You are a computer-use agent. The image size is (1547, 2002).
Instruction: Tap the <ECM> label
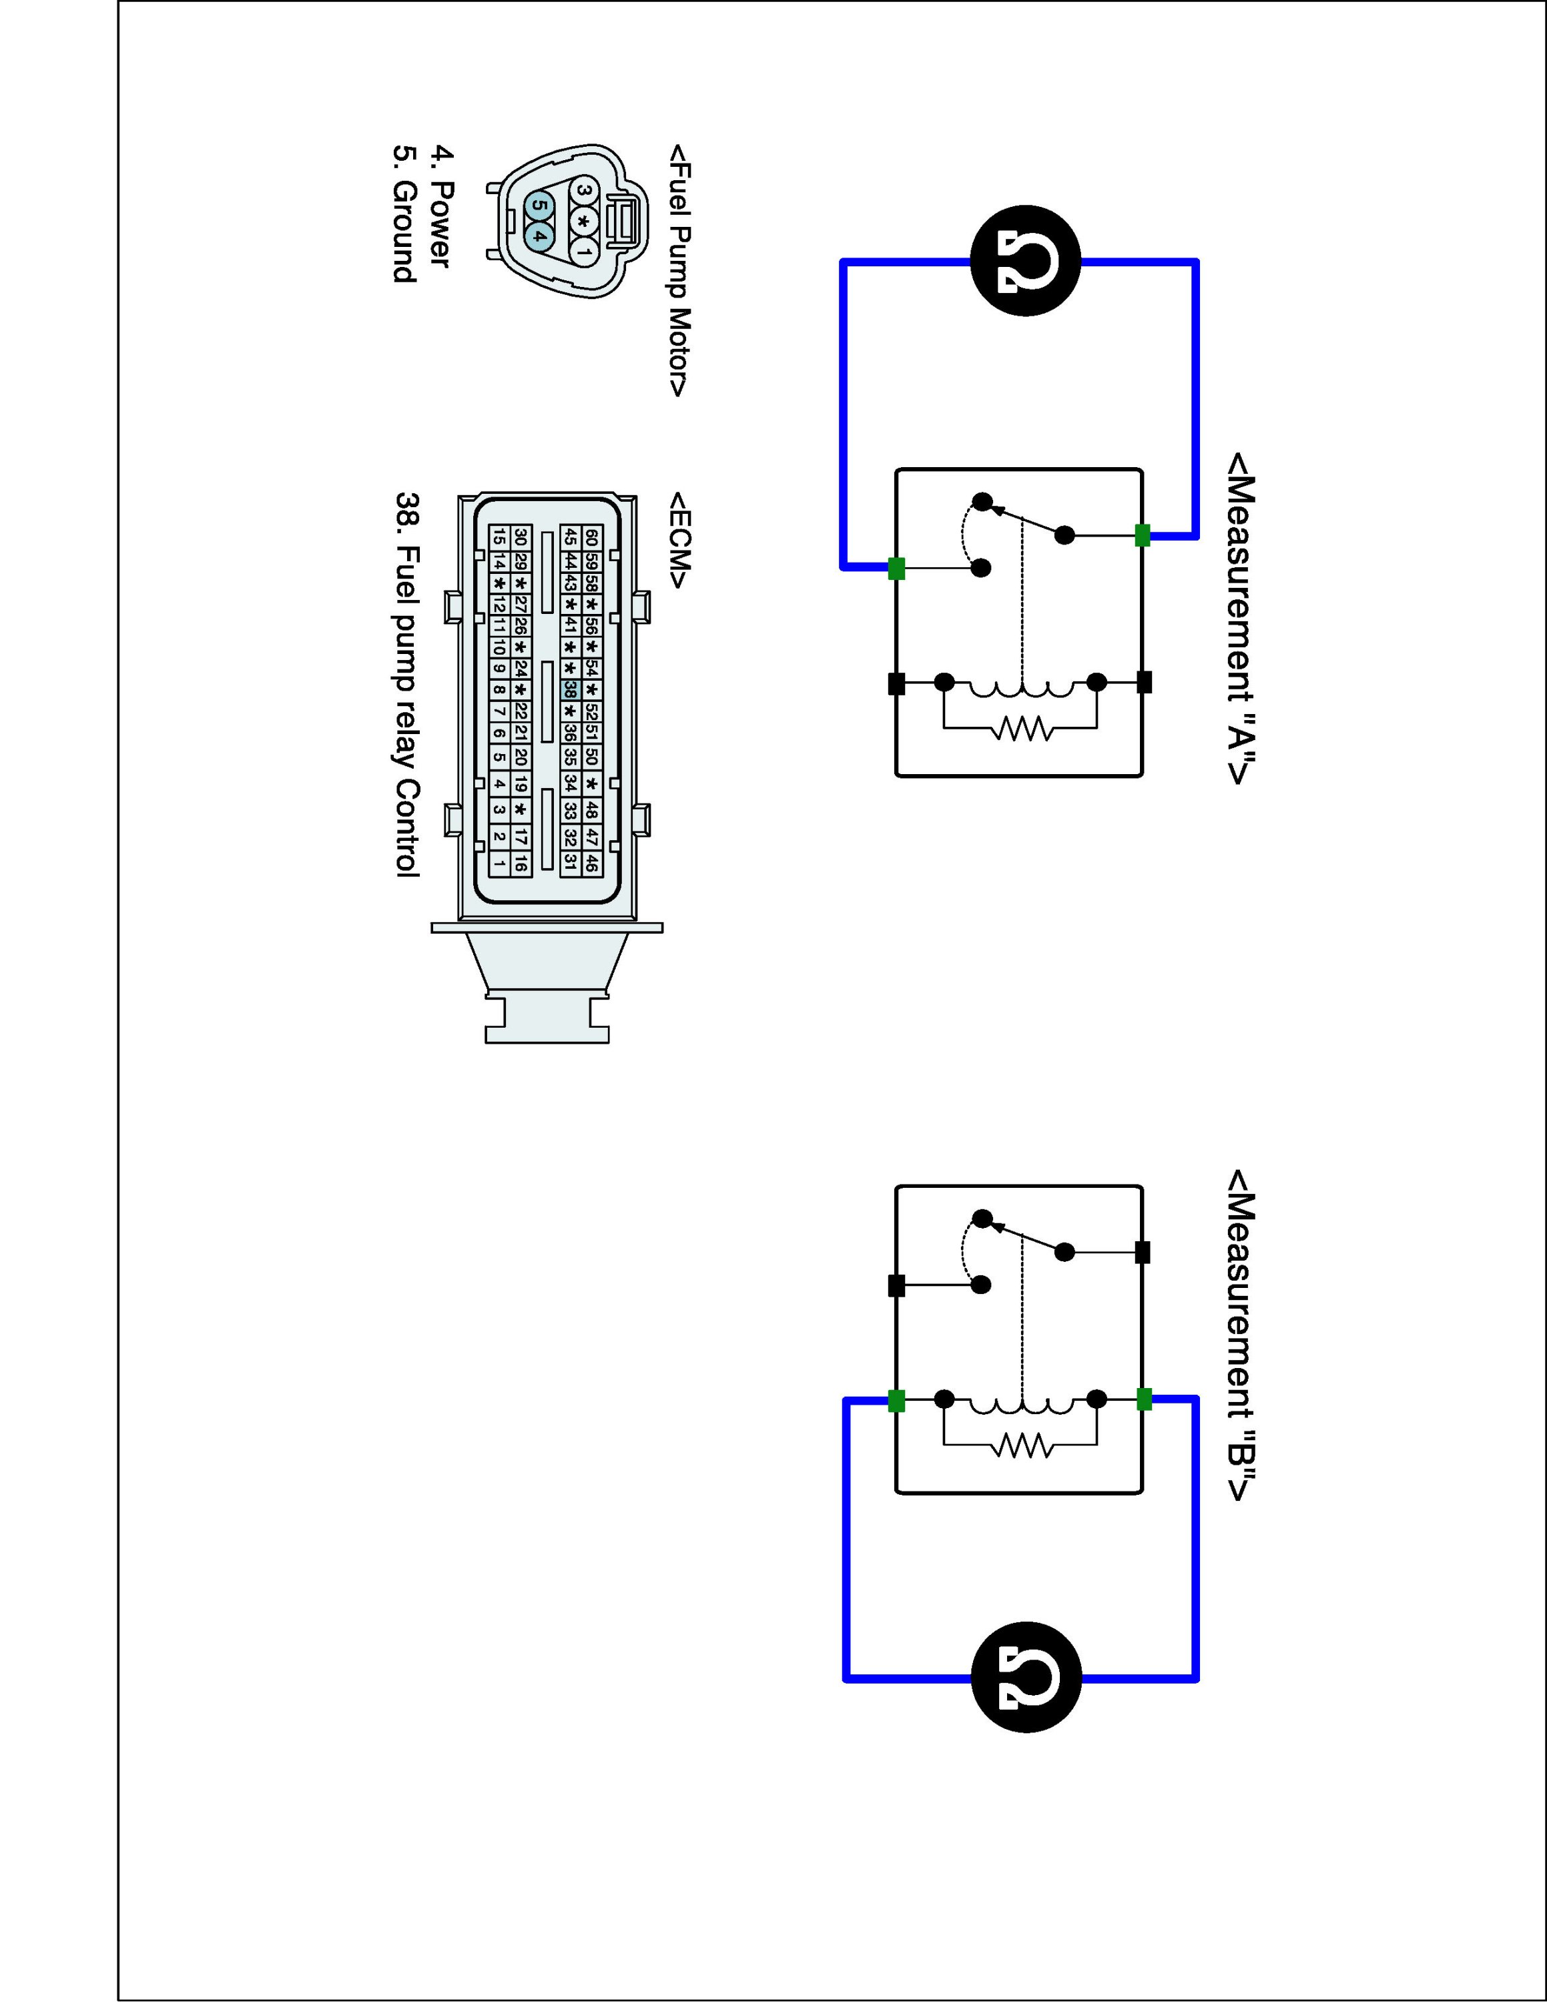click(679, 541)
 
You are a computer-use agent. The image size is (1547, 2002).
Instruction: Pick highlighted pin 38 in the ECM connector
click(570, 689)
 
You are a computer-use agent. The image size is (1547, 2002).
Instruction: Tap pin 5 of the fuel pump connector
click(538, 206)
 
